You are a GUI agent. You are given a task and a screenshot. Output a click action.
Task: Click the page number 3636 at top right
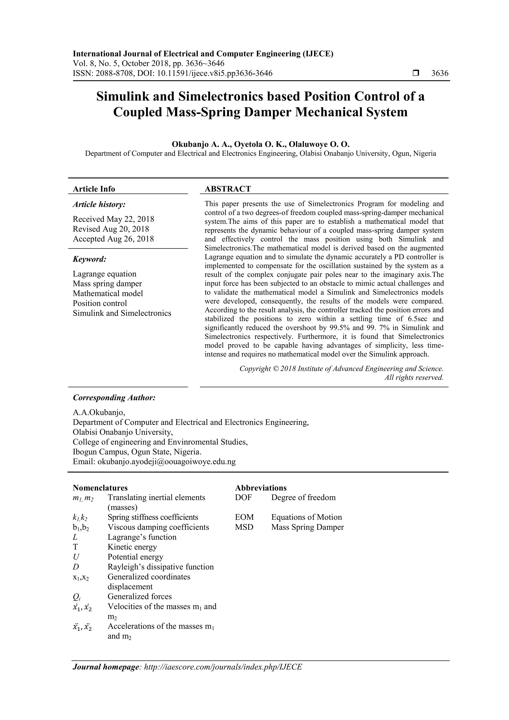click(440, 73)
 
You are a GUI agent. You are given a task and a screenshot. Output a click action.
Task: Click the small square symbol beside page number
click(416, 73)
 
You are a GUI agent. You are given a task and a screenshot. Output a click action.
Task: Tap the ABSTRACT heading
click(228, 189)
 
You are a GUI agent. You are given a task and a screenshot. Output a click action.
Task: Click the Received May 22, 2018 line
click(113, 219)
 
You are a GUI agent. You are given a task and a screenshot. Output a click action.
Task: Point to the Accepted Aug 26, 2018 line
click(113, 239)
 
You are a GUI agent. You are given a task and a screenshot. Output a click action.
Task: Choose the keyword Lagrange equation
click(104, 274)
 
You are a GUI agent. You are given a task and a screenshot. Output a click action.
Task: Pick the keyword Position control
click(100, 303)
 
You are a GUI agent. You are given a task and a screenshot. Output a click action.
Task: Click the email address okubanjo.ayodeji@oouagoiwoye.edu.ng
click(167, 462)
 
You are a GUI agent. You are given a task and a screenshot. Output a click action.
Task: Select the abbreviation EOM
click(244, 517)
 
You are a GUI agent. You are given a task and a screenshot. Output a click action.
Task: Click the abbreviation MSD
click(244, 527)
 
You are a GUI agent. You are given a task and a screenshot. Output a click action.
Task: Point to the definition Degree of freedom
click(303, 497)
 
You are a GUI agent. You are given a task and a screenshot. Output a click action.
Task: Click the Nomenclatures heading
click(100, 488)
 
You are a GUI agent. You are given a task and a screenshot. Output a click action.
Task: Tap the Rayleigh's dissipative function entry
click(161, 567)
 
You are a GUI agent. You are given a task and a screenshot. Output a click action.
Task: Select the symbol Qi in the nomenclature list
click(77, 597)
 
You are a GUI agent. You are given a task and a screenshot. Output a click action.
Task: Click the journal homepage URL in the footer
click(223, 667)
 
